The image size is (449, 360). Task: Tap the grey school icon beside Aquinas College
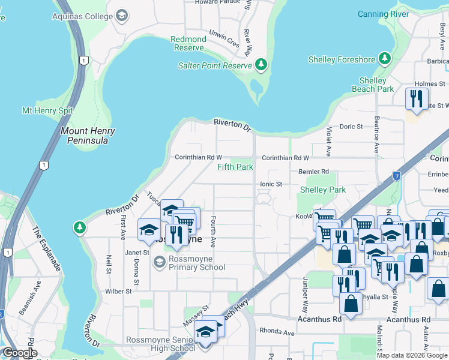tap(122, 15)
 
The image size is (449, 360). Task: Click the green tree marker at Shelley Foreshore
tap(385, 59)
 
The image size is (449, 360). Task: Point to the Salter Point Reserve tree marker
tap(261, 65)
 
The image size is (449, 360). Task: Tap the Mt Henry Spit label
tap(47, 110)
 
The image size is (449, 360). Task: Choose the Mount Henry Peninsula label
tap(88, 136)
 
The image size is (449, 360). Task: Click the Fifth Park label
tap(235, 167)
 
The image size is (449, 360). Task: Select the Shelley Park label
tap(323, 190)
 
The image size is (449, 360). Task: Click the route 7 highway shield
tap(397, 176)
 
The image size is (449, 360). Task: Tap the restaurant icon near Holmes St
tap(417, 98)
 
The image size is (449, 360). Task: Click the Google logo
tap(20, 353)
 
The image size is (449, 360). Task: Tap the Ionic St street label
tap(271, 184)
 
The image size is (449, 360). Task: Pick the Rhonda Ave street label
tap(278, 332)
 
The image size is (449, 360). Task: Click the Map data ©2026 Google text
tap(412, 355)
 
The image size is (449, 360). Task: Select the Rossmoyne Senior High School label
tap(161, 344)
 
